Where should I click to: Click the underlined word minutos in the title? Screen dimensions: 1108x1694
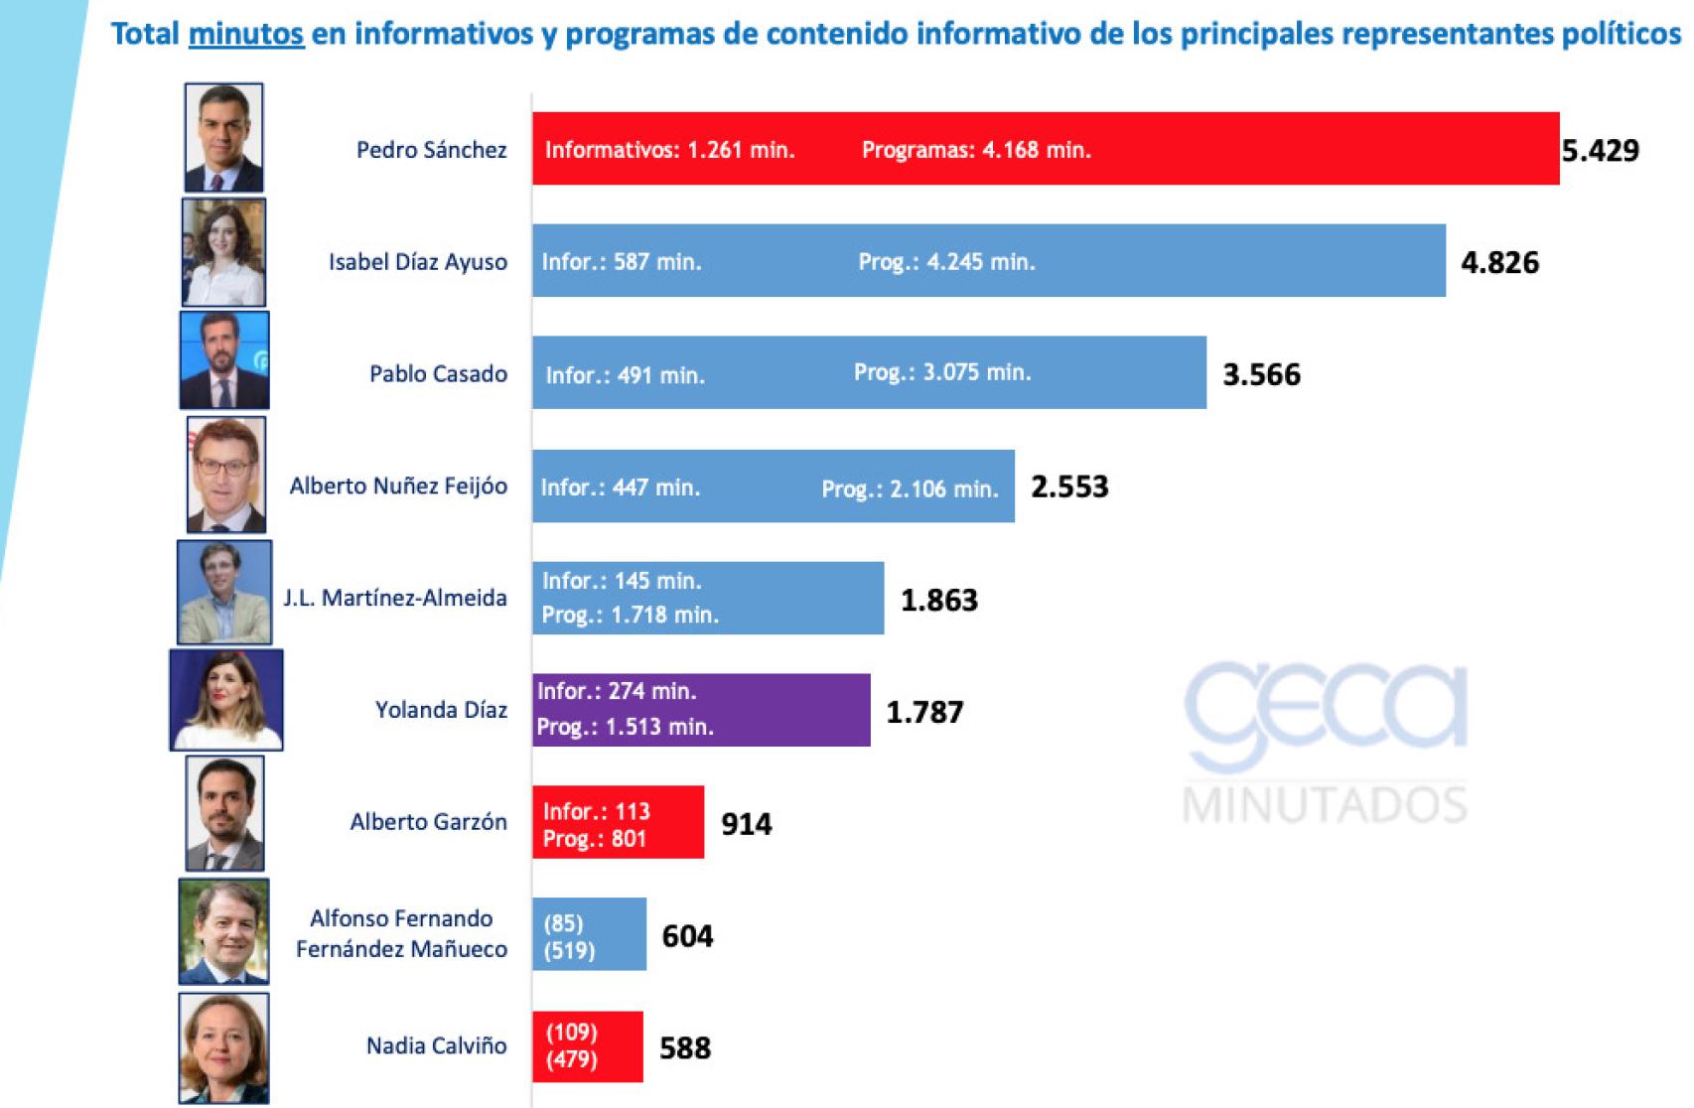pos(245,35)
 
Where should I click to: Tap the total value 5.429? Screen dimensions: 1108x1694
pos(1600,151)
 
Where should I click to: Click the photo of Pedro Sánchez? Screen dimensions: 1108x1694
pos(223,137)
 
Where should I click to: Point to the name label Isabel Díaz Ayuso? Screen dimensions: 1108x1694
pos(417,262)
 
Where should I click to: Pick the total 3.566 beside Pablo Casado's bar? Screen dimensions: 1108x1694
pos(1261,374)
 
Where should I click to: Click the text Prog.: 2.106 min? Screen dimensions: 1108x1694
pos(910,488)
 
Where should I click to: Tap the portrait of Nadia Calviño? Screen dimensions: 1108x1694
pos(223,1047)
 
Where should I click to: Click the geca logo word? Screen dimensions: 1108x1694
pos(1325,710)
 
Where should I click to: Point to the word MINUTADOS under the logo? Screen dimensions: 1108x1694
pos(1325,805)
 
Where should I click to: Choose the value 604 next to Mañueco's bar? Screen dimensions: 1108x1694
pos(687,936)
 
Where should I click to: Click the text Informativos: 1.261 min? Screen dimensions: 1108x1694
pos(669,150)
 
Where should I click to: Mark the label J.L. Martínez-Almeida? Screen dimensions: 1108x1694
pos(394,598)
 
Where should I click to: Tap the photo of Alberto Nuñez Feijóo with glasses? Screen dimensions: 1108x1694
pos(225,475)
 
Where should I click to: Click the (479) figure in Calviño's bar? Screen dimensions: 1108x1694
pos(571,1059)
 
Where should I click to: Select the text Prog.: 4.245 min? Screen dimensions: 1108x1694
pos(946,262)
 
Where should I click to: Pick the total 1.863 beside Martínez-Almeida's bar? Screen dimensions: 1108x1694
pos(938,600)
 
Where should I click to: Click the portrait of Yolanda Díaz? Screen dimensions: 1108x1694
pos(226,699)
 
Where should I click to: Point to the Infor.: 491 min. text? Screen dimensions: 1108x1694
pos(625,375)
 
